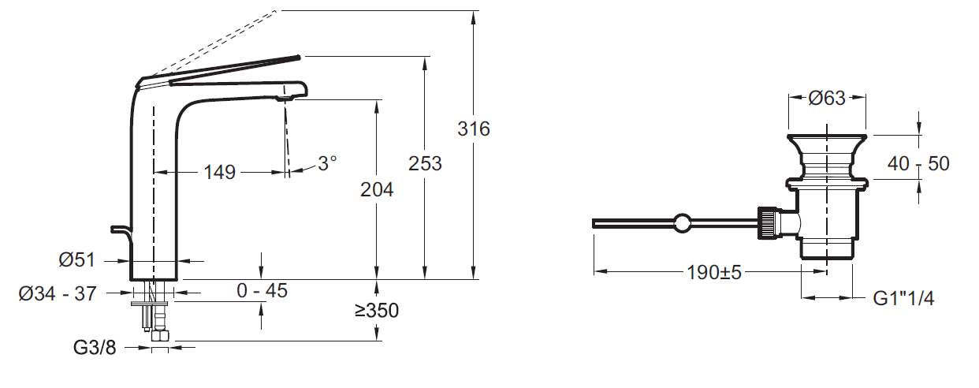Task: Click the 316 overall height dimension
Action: pyautogui.click(x=474, y=129)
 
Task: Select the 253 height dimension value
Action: pyautogui.click(x=425, y=163)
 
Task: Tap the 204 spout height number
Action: pyautogui.click(x=377, y=189)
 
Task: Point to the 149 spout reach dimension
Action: pyautogui.click(x=219, y=171)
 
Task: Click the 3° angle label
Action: pyautogui.click(x=326, y=163)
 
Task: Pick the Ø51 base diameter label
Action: pyautogui.click(x=77, y=259)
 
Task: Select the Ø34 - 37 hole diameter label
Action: pyautogui.click(x=57, y=293)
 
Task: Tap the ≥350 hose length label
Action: pyautogui.click(x=376, y=311)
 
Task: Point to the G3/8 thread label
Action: pyautogui.click(x=95, y=347)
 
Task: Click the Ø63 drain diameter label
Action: pyautogui.click(x=827, y=99)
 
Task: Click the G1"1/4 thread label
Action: pyautogui.click(x=903, y=298)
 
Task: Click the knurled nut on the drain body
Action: pyautogui.click(x=767, y=223)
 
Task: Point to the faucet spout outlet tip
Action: pyautogui.click(x=286, y=97)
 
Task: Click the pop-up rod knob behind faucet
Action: pyautogui.click(x=119, y=229)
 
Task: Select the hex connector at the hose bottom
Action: pyautogui.click(x=161, y=335)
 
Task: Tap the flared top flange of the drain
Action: pyautogui.click(x=827, y=142)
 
